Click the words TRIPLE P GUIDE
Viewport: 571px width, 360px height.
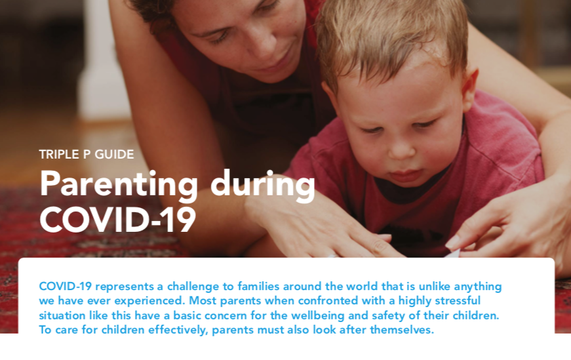tap(86, 155)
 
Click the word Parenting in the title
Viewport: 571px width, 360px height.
tap(119, 186)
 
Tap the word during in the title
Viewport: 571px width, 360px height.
tap(262, 186)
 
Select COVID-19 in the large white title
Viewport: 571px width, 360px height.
tap(117, 220)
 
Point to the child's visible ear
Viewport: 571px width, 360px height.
tap(469, 90)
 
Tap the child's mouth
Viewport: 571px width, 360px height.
tap(407, 176)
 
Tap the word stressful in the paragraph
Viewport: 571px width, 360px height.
tap(458, 300)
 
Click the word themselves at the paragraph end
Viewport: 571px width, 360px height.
tap(402, 329)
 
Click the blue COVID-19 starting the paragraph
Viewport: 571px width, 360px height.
tap(65, 286)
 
